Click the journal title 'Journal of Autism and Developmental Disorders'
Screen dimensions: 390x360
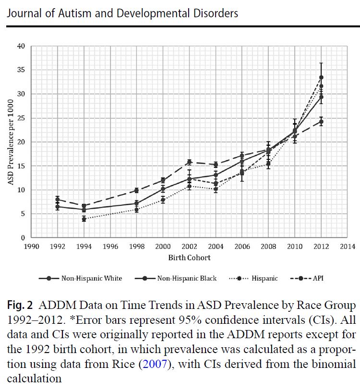point(122,13)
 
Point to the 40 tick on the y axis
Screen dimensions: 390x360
point(21,47)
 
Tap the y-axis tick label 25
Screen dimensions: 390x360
point(21,118)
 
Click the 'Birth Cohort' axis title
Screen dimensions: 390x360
point(189,258)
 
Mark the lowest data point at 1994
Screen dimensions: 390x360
point(84,219)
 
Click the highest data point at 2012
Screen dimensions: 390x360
point(321,77)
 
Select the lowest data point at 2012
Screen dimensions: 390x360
point(321,121)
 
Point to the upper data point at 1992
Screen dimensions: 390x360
point(58,200)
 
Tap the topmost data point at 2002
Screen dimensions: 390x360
point(189,162)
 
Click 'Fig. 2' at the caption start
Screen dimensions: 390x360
point(20,306)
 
